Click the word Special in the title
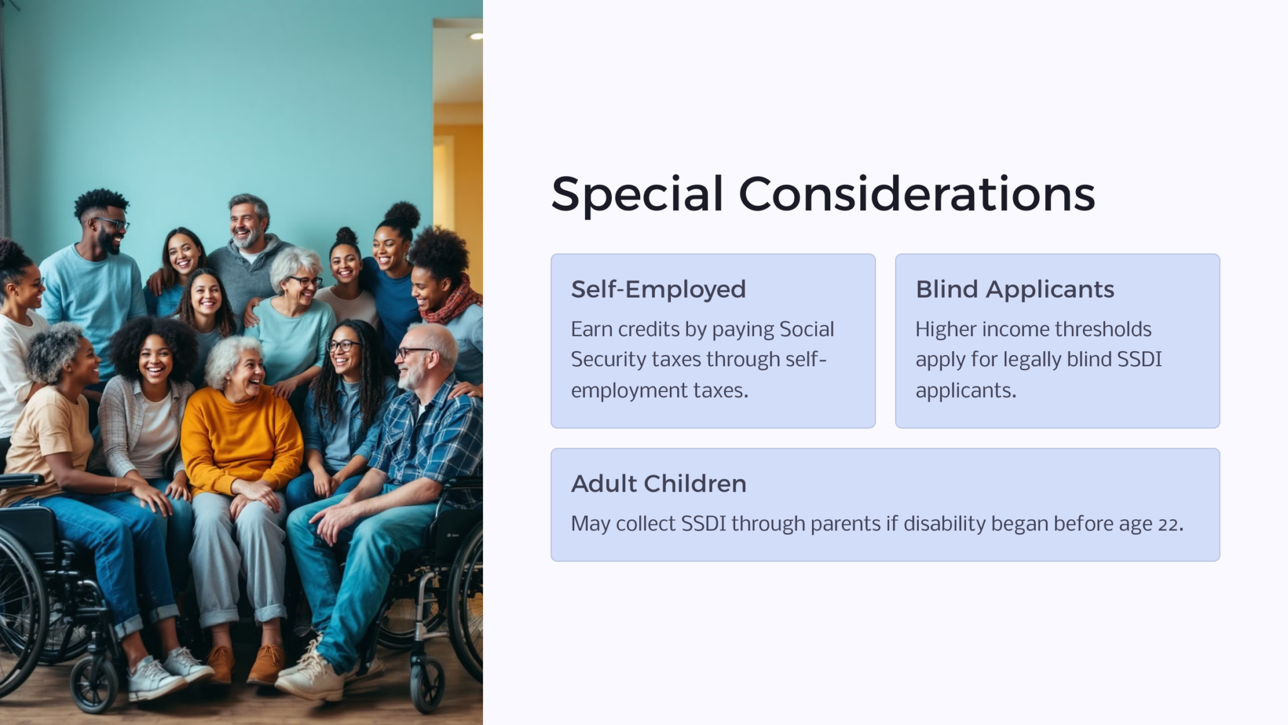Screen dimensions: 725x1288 coord(636,194)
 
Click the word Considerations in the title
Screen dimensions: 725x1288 coord(916,194)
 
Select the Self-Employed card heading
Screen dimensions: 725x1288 coord(658,289)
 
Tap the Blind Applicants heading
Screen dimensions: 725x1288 coord(1014,289)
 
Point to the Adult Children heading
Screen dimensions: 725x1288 coord(658,484)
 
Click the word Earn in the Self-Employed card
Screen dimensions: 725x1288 coord(591,329)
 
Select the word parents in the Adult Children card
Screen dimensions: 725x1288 coord(845,524)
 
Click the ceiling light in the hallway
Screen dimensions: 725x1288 coord(476,37)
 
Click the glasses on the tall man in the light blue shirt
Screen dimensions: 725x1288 coord(113,223)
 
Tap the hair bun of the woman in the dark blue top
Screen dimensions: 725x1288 coord(402,214)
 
